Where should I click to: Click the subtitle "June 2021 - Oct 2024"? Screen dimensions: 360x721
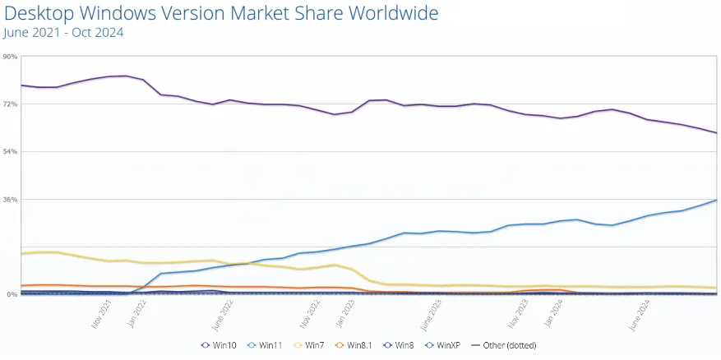[64, 33]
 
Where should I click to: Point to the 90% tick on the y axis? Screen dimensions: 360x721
[10, 57]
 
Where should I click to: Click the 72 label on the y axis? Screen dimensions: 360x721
[11, 104]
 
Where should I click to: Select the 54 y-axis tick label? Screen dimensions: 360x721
[11, 152]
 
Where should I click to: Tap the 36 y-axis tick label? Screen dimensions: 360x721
[11, 200]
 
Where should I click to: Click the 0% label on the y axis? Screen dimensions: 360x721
[11, 294]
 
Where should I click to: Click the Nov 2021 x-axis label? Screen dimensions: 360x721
[101, 313]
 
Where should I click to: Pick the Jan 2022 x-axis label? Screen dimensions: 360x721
[136, 313]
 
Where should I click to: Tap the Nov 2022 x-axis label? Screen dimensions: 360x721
[310, 313]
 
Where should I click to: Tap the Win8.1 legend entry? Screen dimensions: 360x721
[356, 345]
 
